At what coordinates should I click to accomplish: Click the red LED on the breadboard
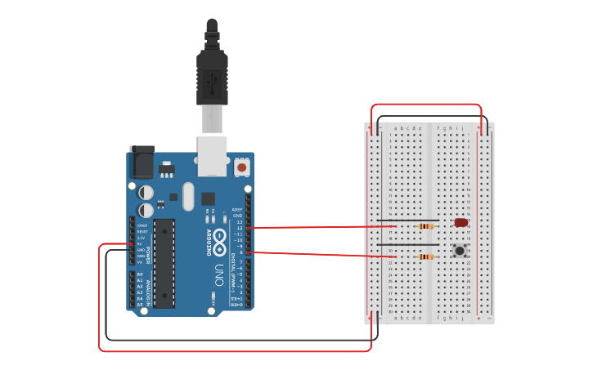coord(460,222)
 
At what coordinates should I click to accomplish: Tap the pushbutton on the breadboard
coord(460,250)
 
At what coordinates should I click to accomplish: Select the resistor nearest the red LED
coord(425,226)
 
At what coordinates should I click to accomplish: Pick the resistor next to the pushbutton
coord(425,256)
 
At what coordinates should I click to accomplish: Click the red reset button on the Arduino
coord(241,167)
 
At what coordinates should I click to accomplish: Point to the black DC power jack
coord(142,162)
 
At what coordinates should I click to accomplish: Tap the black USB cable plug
coord(212,78)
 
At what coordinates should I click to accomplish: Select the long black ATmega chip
coord(164,262)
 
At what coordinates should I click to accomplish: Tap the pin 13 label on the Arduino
coord(239,221)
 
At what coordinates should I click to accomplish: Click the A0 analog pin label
coord(140,274)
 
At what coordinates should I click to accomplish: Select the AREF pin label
coord(237,209)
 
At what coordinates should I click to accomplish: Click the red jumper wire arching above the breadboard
coord(426,105)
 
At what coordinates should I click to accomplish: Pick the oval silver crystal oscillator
coord(188,196)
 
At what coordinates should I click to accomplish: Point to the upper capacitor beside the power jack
coord(146,193)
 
